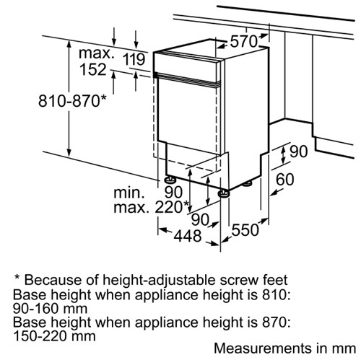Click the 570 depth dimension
tap(244, 41)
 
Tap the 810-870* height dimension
tap(72, 100)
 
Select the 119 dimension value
tap(134, 59)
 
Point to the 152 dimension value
tap(93, 69)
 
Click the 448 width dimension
tap(188, 236)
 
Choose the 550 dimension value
tap(245, 229)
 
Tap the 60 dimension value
tap(285, 180)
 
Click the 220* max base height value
tap(172, 207)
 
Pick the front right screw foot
tap(224, 193)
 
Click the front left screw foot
tap(170, 180)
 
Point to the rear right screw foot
tap(246, 183)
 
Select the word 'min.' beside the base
tap(129, 193)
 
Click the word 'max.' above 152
tap(96, 53)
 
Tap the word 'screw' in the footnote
tap(240, 280)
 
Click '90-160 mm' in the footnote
tap(51, 309)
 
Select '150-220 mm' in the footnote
tap(54, 335)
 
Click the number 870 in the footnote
tap(276, 322)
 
